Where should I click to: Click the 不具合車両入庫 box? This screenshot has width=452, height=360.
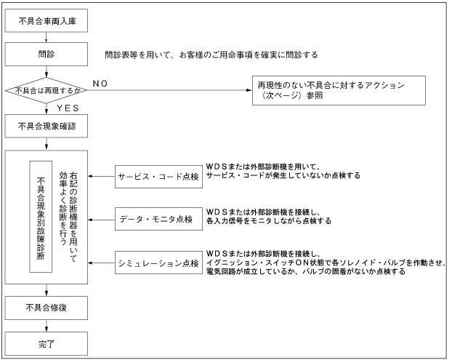coord(47,21)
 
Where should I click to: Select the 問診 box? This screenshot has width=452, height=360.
coord(47,55)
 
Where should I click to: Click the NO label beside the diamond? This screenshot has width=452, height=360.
coord(100,83)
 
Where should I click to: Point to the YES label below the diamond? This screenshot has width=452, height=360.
coord(66,108)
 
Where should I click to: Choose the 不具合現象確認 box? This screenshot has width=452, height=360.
coord(47,126)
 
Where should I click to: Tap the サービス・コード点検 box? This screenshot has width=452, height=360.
coord(158,176)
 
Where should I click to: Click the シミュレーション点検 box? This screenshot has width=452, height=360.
coord(158,260)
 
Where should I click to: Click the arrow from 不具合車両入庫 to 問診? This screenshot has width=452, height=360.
coord(47,38)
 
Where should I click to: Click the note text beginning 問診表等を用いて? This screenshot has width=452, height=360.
coord(211,55)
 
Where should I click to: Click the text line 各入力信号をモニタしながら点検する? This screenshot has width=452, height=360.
coord(269,220)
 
